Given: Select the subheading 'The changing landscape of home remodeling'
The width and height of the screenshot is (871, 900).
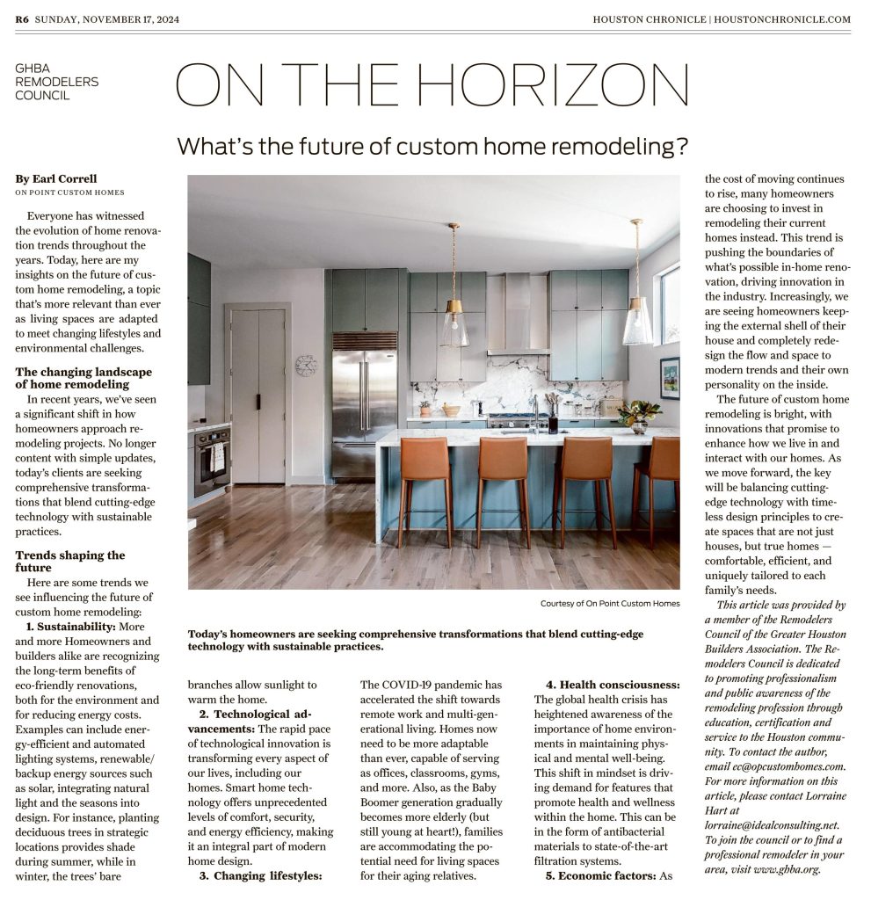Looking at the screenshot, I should tap(83, 378).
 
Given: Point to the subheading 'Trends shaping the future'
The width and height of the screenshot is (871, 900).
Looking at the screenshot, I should tap(70, 562).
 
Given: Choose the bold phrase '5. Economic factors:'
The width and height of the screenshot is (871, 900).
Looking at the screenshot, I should tap(601, 875).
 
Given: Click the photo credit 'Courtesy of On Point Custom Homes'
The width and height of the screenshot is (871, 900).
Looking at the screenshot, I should tap(610, 604).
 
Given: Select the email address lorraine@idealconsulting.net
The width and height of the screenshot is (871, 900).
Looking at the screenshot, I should tap(771, 824).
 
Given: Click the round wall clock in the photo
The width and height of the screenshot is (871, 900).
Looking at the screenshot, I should tap(307, 365).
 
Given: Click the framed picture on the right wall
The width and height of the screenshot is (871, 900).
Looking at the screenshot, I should tap(670, 378).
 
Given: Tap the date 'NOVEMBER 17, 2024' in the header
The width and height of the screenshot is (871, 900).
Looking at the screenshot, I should tap(143, 18).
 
